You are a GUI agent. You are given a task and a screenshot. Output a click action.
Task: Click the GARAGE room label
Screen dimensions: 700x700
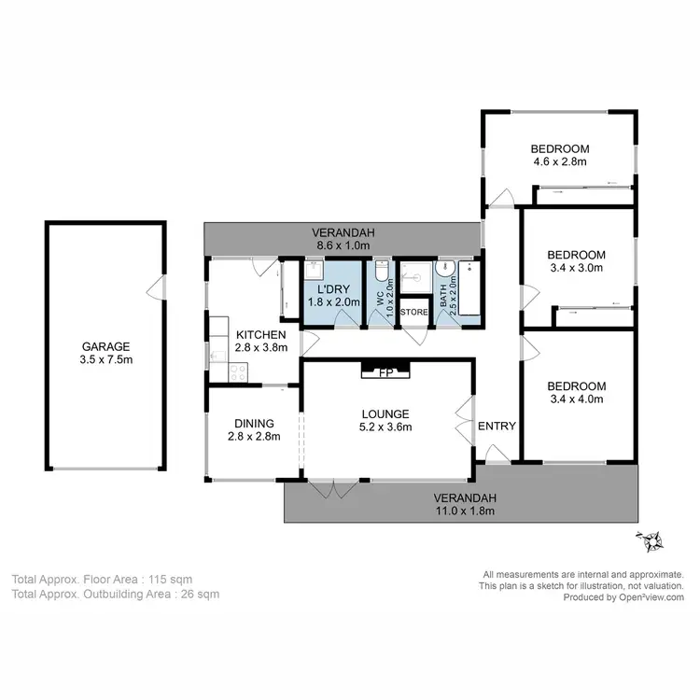tap(105, 344)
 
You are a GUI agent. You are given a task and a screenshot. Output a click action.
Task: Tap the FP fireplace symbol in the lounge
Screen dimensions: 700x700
tap(384, 372)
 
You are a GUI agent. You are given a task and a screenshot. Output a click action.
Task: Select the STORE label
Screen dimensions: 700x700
tap(413, 312)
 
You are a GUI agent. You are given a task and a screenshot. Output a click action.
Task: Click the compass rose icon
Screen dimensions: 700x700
tap(649, 540)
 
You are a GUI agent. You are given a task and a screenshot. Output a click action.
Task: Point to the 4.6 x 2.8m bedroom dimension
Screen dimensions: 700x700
tap(559, 161)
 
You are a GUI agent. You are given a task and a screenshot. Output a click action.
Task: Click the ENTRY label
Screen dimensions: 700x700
tap(497, 427)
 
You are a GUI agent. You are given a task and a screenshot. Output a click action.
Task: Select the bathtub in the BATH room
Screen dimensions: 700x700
tap(469, 292)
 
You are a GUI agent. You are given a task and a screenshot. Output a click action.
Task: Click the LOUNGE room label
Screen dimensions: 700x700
tap(385, 413)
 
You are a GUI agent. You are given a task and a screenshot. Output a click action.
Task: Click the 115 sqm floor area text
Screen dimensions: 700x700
tap(184, 579)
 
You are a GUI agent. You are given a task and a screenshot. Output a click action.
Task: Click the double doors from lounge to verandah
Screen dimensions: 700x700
tap(332, 489)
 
